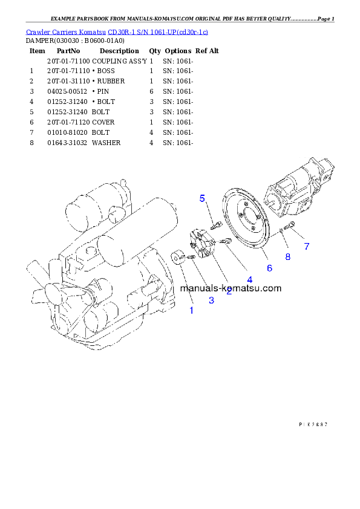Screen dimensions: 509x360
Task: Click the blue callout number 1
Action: click(x=192, y=310)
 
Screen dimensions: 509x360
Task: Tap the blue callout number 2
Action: click(x=229, y=292)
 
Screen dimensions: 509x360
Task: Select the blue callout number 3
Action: click(x=211, y=300)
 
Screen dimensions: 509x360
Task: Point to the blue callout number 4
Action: click(x=249, y=279)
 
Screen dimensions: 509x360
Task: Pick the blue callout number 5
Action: click(x=203, y=198)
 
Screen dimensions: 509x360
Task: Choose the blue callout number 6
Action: click(x=269, y=267)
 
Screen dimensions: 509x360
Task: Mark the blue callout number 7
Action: click(x=307, y=246)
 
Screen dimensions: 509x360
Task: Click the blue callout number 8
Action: click(x=287, y=257)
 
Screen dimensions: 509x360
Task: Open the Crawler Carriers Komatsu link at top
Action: click(x=117, y=31)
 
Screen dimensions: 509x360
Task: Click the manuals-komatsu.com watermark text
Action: click(x=231, y=288)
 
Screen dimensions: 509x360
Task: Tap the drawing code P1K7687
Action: click(x=313, y=425)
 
